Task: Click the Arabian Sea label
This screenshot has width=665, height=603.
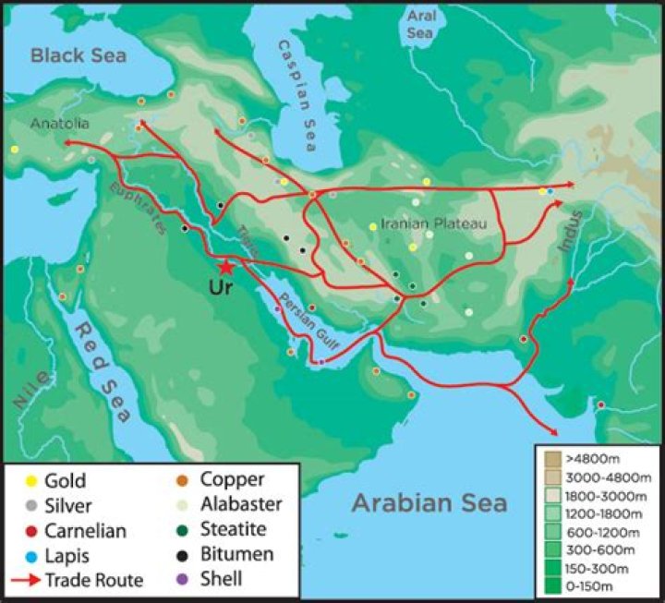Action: point(429,502)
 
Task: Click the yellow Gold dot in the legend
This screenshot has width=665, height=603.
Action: point(27,481)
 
